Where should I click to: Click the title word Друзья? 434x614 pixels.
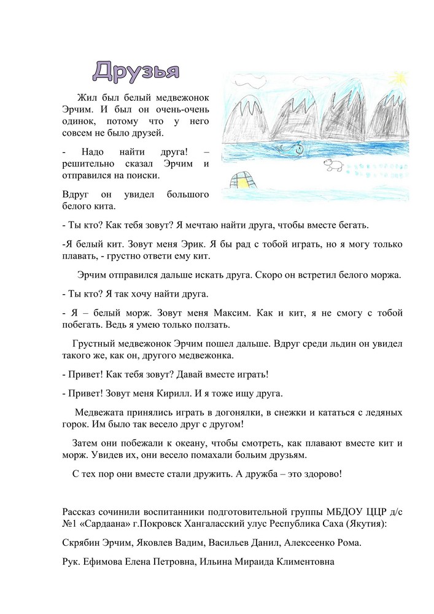(x=136, y=71)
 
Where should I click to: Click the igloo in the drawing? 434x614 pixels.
(x=245, y=179)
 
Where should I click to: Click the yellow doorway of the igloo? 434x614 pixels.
(x=247, y=181)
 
